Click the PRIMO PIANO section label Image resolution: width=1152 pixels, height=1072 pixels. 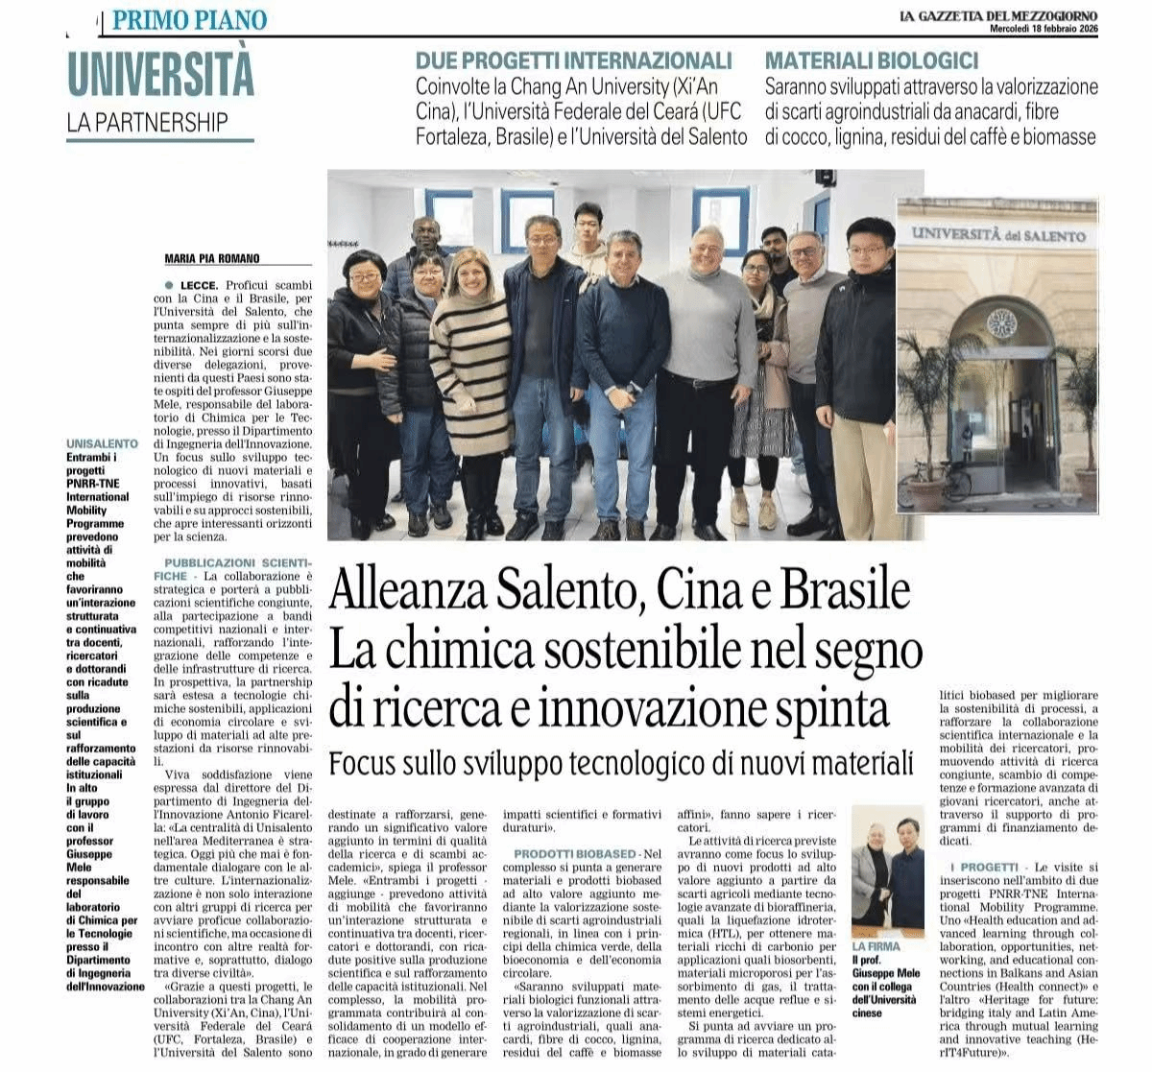[189, 19]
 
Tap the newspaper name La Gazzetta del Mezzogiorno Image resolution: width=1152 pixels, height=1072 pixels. [998, 15]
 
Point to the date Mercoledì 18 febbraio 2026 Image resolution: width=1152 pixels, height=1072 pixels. [1044, 29]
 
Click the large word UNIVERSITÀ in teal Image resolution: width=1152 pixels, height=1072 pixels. [160, 74]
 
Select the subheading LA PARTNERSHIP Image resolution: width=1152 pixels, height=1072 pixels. [148, 123]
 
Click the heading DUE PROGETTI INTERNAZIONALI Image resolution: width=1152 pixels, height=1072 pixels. [573, 60]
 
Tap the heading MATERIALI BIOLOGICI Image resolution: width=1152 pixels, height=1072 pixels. [872, 60]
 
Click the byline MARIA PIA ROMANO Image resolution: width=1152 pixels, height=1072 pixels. [212, 258]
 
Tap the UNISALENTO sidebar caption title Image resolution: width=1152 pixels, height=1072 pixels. [102, 444]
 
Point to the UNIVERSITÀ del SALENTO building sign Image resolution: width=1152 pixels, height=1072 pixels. [998, 234]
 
